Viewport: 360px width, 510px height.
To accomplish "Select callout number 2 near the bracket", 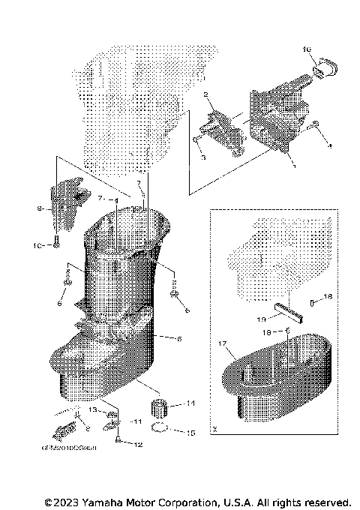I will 204,95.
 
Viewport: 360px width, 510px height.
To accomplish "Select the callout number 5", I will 178,338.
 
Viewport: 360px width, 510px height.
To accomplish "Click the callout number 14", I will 190,403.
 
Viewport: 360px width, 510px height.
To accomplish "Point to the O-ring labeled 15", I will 158,430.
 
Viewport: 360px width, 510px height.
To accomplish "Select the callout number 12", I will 137,445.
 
